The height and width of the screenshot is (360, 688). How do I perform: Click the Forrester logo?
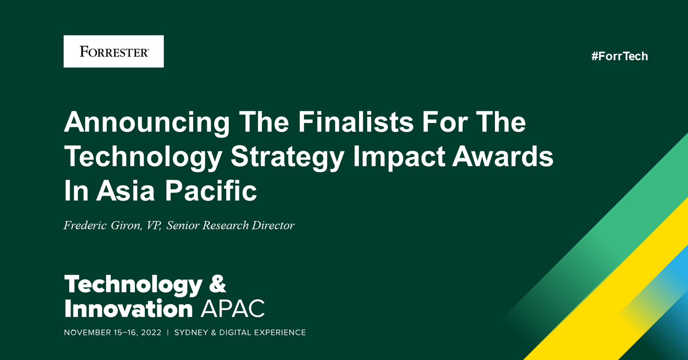pos(113,51)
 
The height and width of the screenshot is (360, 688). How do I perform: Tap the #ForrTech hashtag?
pos(620,56)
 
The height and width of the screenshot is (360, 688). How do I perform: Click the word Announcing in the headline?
pos(147,122)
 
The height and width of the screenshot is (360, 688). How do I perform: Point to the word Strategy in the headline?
pos(288,157)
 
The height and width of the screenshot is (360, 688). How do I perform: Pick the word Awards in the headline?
pos(503,157)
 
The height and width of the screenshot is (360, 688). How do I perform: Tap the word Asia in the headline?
pos(126,191)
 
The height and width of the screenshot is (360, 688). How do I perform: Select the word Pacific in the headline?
pos(210,191)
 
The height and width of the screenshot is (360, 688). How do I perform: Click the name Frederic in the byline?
pos(85,225)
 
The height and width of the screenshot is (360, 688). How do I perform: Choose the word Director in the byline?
pos(273,225)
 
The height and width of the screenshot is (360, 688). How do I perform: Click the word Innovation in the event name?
pos(128,309)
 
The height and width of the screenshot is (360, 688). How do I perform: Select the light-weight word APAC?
pos(232,309)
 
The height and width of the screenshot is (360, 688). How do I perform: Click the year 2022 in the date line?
pos(151,333)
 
